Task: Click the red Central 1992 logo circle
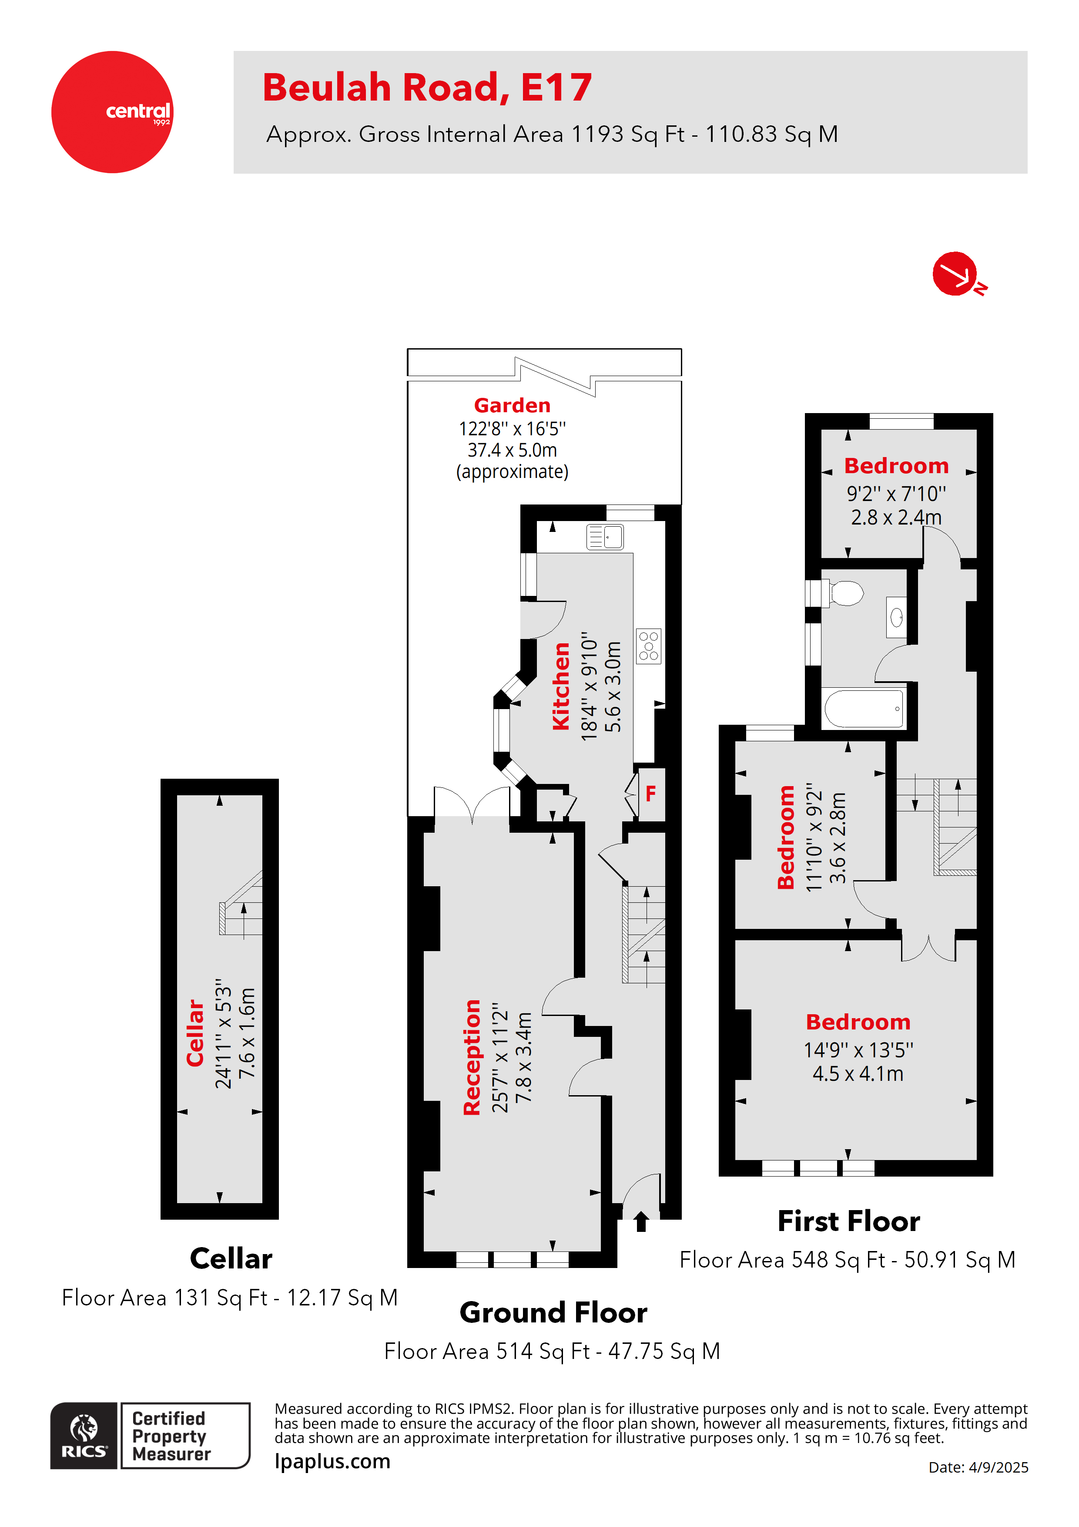coord(112,112)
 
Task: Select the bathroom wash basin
coord(896,618)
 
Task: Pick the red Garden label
coord(512,405)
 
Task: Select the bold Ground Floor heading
coord(553,1312)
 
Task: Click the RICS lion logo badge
coord(84,1435)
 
